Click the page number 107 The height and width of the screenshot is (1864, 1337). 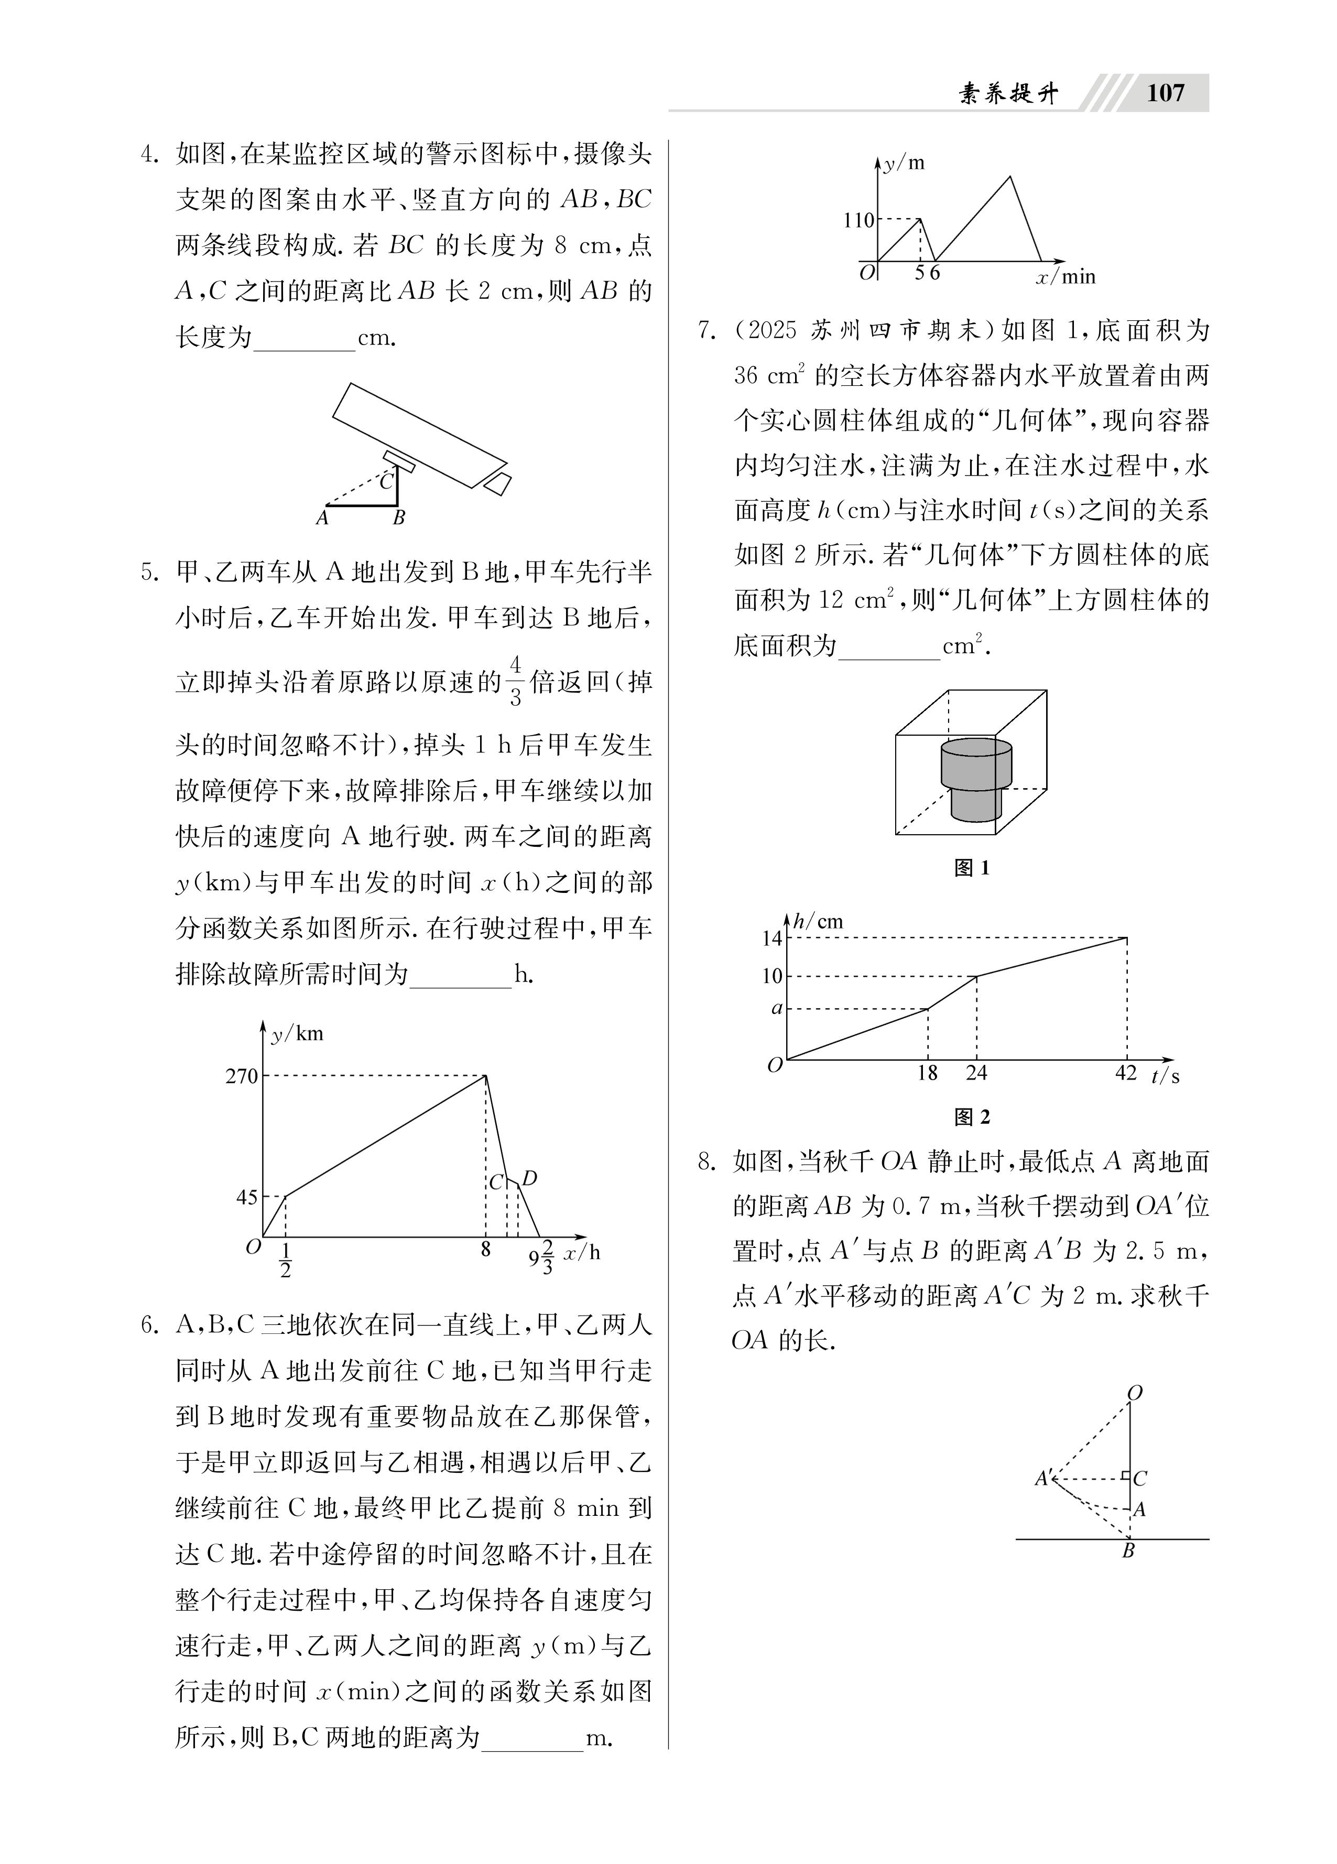click(x=1165, y=93)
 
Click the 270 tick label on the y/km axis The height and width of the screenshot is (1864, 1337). click(x=242, y=1076)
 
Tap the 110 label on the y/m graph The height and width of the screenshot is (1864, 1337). click(x=858, y=220)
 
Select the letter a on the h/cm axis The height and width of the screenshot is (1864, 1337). click(x=776, y=1008)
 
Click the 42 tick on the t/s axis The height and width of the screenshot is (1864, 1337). click(x=1126, y=1073)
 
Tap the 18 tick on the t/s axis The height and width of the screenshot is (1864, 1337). click(x=927, y=1073)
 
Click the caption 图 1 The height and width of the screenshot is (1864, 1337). click(x=972, y=868)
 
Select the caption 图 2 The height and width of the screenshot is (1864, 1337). click(x=972, y=1117)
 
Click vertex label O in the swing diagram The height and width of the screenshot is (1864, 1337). click(x=1135, y=1393)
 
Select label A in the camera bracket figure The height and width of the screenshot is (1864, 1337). click(x=322, y=518)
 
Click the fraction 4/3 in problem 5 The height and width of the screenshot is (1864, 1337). click(x=515, y=681)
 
